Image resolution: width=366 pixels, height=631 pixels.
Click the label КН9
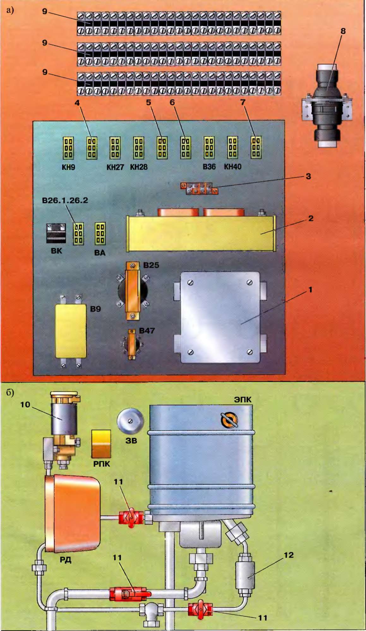tap(68, 167)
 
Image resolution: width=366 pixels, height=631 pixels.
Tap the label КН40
tap(233, 167)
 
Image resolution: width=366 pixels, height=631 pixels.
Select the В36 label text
tap(209, 167)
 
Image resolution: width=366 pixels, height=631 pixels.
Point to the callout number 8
tap(343, 31)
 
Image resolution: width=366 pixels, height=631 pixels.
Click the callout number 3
tap(308, 176)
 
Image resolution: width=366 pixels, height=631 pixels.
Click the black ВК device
tap(56, 233)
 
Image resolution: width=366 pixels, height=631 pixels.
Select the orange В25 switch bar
tap(133, 290)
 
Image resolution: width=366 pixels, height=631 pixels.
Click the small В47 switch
tap(132, 344)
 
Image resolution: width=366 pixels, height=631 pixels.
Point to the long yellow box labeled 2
tap(201, 234)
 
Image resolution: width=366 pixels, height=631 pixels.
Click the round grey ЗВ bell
tap(130, 421)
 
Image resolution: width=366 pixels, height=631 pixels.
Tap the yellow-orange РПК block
tap(101, 444)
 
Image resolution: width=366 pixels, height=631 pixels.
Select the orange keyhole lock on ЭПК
tap(229, 420)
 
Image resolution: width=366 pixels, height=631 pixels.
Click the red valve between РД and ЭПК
tap(131, 517)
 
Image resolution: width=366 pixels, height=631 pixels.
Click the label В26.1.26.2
tap(65, 201)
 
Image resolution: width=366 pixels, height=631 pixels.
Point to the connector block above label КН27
tap(115, 147)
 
